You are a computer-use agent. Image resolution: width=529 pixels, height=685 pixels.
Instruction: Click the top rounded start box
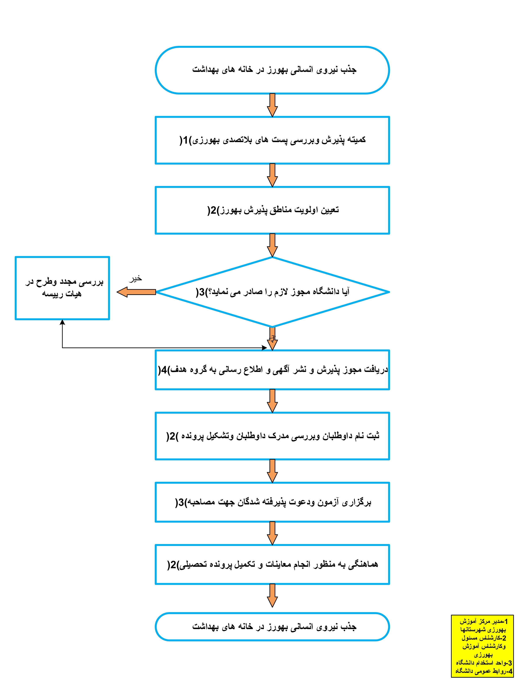point(272,70)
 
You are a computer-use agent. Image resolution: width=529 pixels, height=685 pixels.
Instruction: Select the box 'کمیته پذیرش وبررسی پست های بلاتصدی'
point(272,140)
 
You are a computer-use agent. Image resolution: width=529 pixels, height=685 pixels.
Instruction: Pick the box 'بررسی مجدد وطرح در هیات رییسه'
point(62,288)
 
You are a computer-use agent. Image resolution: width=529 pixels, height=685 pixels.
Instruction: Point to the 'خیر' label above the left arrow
point(135,279)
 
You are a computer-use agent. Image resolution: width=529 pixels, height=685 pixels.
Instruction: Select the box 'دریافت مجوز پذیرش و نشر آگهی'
point(272,370)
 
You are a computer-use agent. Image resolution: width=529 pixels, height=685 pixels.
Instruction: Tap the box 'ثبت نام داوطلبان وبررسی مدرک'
point(272,436)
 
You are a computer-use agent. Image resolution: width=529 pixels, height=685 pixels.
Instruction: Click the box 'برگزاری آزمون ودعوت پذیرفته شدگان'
point(272,502)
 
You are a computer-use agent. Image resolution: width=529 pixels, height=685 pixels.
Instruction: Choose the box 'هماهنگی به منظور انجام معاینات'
point(272,565)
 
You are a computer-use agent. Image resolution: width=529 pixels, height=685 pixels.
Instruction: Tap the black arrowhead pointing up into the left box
point(62,322)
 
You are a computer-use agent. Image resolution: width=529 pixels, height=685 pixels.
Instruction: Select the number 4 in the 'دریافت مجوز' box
point(164,370)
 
